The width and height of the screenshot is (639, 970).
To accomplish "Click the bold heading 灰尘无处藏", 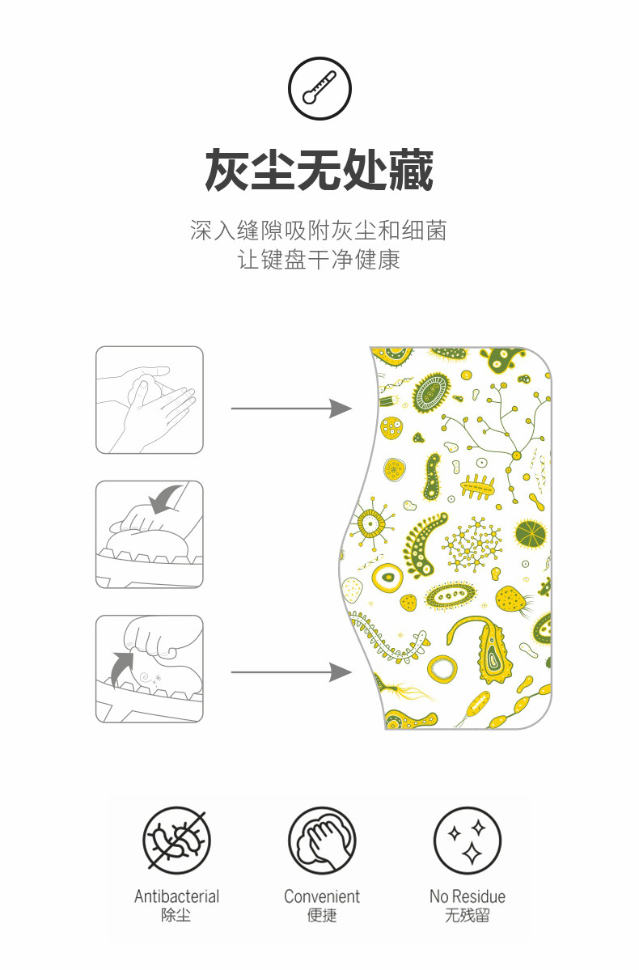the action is [319, 170].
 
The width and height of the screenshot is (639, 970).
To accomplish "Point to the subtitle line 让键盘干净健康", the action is [319, 261].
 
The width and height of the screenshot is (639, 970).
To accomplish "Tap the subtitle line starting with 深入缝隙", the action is [319, 231].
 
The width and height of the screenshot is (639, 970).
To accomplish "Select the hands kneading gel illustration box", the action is [150, 400].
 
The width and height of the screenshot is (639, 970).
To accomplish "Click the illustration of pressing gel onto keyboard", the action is [150, 534].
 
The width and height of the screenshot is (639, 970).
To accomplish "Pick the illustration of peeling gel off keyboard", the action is [150, 668].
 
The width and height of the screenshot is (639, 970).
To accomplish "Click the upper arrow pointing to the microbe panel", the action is [291, 409].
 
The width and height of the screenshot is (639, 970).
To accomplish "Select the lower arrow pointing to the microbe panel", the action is [291, 672].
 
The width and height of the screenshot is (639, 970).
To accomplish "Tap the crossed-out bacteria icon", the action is [176, 841].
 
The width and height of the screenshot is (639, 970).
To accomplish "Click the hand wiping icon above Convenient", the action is [321, 841].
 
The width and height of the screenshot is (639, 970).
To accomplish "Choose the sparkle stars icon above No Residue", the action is [467, 841].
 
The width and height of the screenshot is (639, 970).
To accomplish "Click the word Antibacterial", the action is [176, 896].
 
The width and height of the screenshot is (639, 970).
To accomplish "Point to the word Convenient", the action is [321, 896].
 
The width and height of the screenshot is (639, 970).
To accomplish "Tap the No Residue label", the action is [467, 896].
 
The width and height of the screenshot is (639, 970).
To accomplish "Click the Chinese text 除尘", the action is [176, 916].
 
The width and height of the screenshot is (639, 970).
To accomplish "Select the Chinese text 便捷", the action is [321, 916].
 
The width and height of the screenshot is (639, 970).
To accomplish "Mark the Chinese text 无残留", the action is [467, 916].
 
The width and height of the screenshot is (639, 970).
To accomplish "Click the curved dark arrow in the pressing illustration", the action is [167, 498].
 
